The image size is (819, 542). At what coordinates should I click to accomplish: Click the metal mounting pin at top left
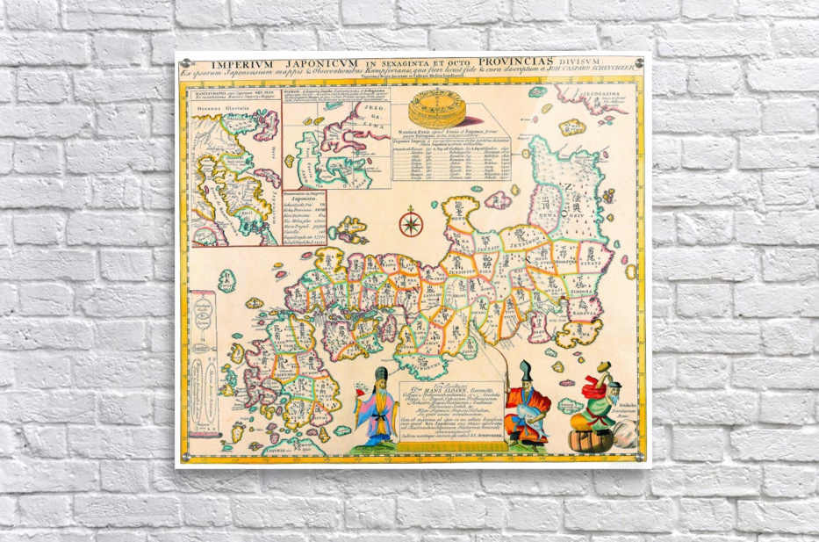pyautogui.click(x=182, y=62)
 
